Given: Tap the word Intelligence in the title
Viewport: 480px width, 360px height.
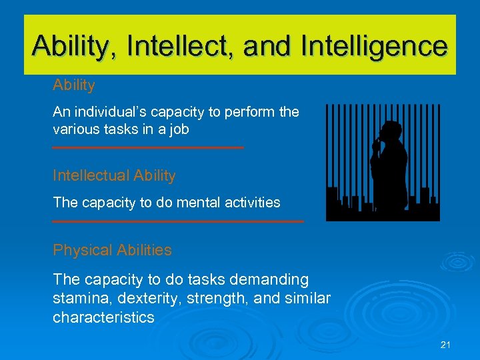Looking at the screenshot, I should (375, 46).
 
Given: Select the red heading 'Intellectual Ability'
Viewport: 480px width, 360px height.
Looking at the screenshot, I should (114, 175).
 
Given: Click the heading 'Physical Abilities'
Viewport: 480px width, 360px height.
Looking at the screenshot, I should (112, 250).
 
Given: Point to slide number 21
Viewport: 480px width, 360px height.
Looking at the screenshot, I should (446, 345).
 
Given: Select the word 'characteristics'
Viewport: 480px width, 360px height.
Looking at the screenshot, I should (103, 317).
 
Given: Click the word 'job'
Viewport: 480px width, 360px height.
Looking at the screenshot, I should (178, 130).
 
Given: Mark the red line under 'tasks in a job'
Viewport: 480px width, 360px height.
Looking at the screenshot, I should (148, 147).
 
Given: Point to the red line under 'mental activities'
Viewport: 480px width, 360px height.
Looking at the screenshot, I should (178, 221).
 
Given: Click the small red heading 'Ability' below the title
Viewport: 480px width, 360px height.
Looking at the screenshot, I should (74, 85).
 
